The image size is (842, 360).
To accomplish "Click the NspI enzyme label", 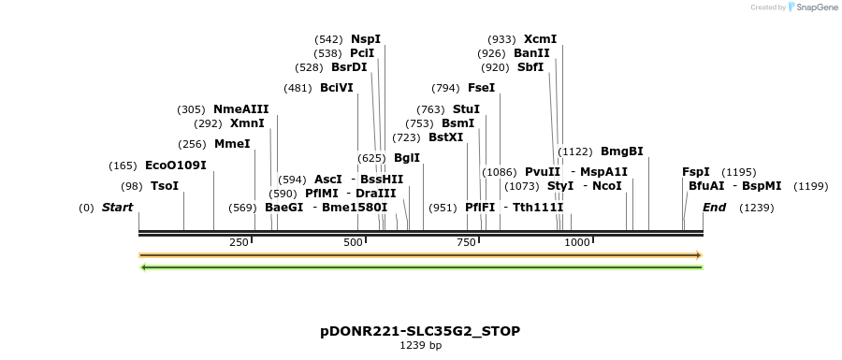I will click(x=366, y=39).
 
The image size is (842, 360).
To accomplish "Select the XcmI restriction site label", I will click(x=540, y=39).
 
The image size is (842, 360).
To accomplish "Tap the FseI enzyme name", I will click(x=481, y=88).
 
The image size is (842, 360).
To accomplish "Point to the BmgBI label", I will click(x=621, y=151).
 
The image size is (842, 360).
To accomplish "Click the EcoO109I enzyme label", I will click(x=176, y=166).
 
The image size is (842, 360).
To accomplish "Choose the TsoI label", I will click(x=165, y=186).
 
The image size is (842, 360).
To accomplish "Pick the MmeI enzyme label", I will click(x=232, y=144).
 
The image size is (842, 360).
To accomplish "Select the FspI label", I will click(x=696, y=172).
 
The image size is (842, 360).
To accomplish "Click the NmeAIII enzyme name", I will click(x=240, y=109).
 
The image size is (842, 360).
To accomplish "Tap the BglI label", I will click(x=407, y=158).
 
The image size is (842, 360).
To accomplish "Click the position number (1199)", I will click(x=810, y=186).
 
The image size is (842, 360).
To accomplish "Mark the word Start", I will click(x=117, y=207).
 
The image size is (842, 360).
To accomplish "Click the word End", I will click(x=714, y=207).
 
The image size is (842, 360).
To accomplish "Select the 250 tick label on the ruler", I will click(x=239, y=242).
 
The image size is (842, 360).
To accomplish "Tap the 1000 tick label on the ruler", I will click(x=577, y=242).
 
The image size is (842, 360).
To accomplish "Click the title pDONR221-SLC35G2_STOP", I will click(x=420, y=331).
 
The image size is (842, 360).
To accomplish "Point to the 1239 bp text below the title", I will click(x=420, y=346).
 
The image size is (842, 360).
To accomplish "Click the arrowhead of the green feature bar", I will click(x=143, y=267).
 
